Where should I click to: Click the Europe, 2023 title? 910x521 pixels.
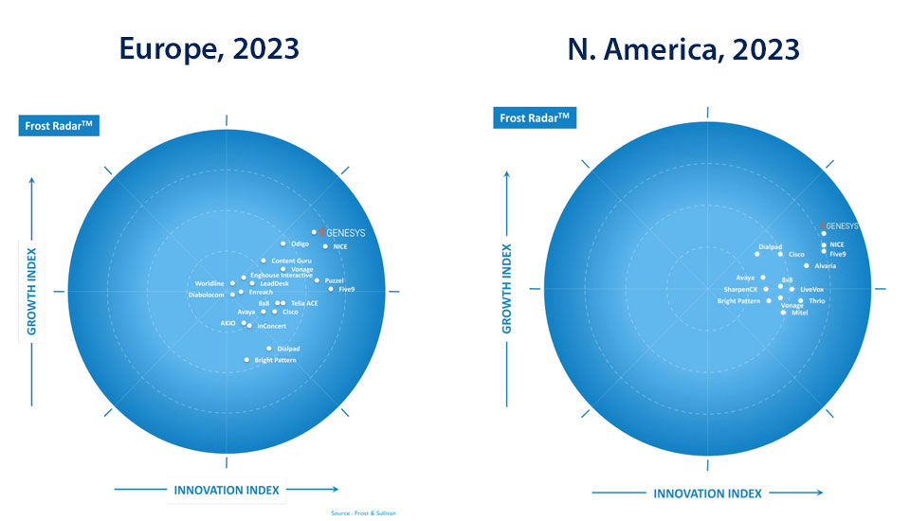209,48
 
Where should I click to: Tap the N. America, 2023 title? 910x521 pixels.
683,48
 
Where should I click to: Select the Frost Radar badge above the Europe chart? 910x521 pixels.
59,126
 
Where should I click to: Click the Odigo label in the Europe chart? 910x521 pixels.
300,244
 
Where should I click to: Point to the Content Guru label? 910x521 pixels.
291,260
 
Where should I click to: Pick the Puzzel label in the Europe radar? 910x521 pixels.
334,280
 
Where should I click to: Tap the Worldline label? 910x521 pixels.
209,283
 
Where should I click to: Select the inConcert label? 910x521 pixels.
271,327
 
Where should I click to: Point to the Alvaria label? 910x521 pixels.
825,266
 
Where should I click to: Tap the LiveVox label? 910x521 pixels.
811,289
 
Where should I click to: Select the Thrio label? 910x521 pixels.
816,300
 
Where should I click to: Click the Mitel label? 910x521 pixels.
800,313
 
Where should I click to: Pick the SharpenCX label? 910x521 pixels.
740,289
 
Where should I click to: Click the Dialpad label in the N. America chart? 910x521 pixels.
770,247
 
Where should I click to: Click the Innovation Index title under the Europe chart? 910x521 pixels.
226,490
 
